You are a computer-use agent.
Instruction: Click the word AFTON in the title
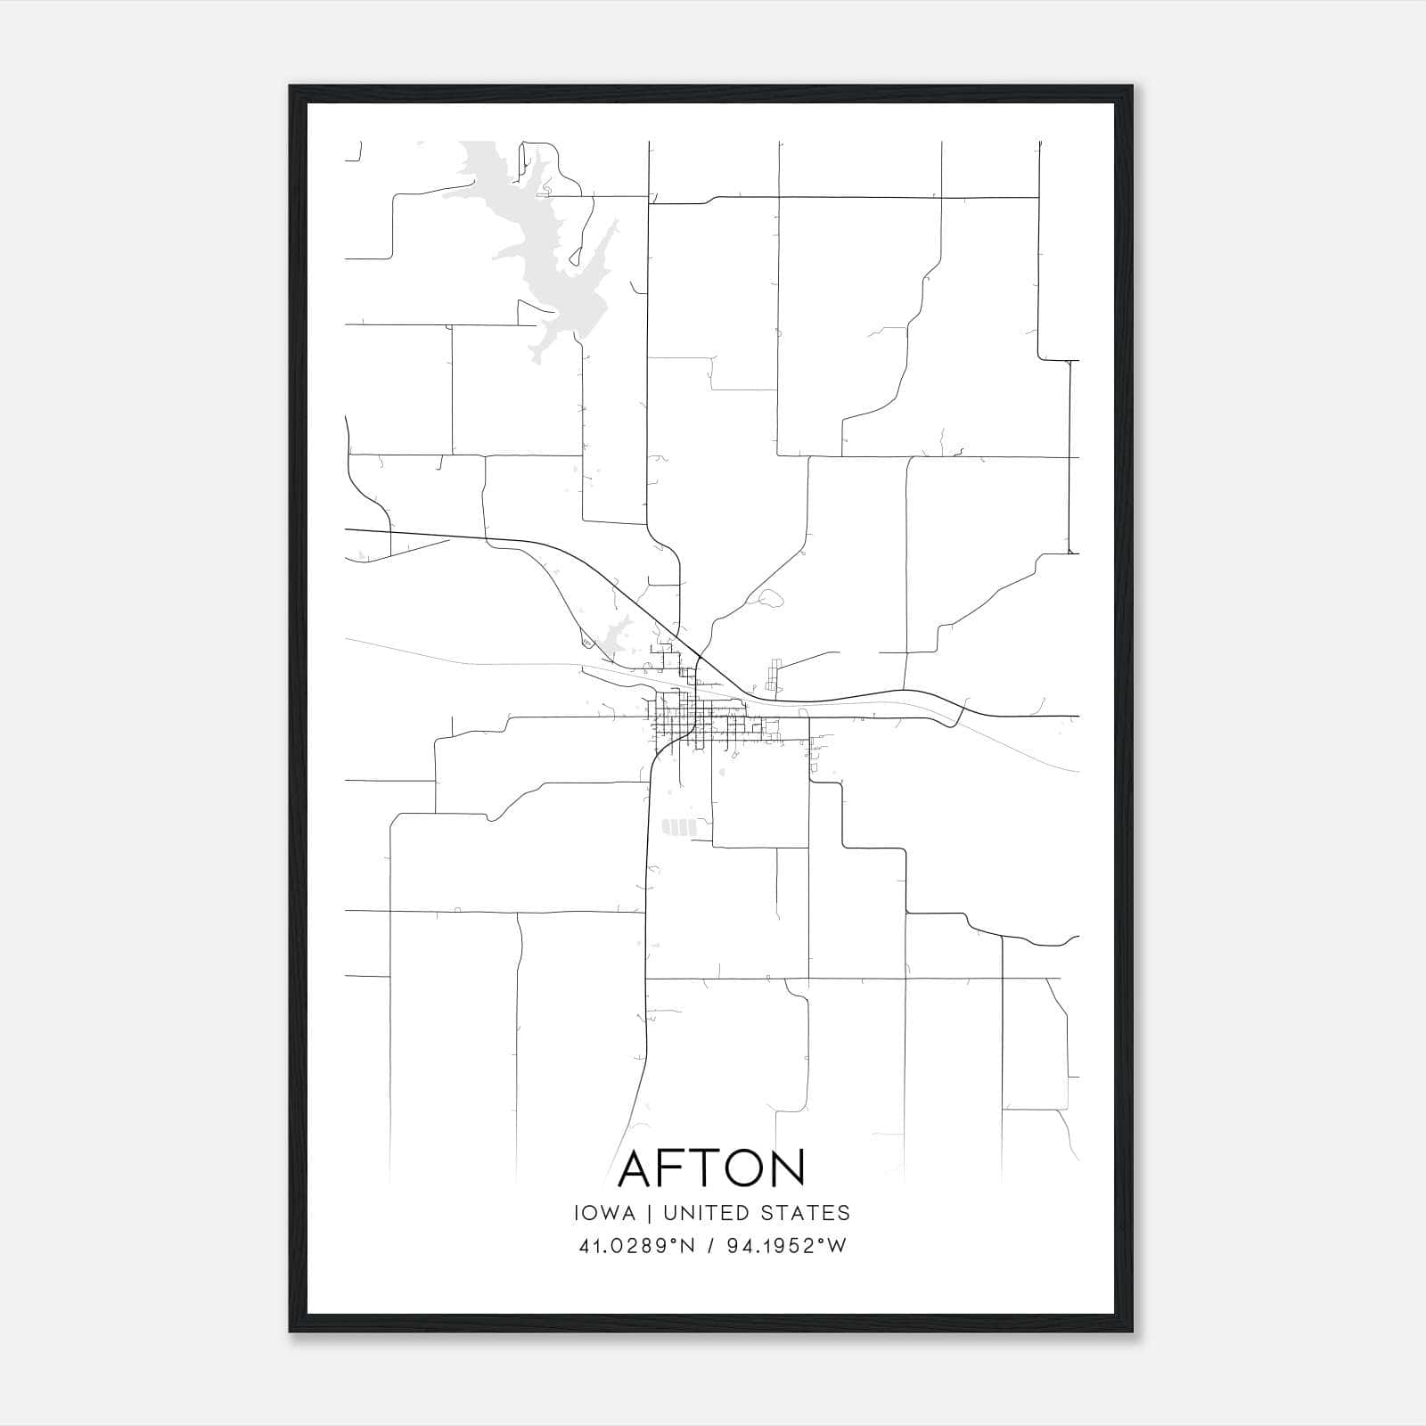pyautogui.click(x=711, y=1168)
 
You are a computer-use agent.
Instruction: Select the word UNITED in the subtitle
pyautogui.click(x=709, y=1213)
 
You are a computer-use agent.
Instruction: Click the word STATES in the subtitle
pyautogui.click(x=808, y=1213)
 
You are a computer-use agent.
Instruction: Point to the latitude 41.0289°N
pyautogui.click(x=636, y=1246)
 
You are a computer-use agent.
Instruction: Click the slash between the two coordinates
pyautogui.click(x=710, y=1246)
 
